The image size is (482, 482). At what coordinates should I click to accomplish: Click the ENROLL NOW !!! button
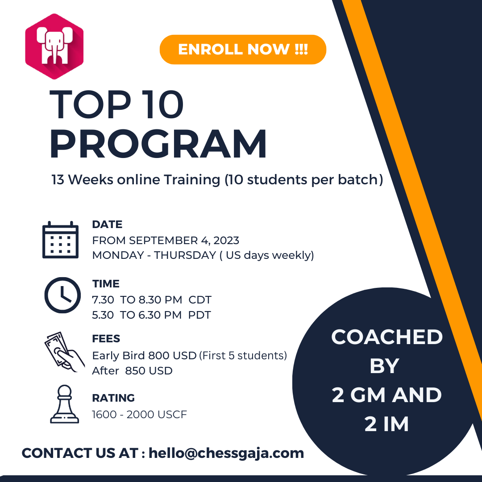(x=243, y=50)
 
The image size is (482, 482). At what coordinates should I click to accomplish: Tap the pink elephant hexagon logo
(x=54, y=46)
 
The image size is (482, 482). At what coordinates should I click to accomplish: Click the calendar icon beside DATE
(x=60, y=240)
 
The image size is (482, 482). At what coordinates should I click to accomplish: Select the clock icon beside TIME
(x=63, y=295)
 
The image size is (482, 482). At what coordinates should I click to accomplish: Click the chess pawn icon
(x=65, y=404)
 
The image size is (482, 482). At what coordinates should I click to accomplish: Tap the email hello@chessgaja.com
(x=226, y=453)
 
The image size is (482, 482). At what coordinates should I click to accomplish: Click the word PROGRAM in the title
(x=158, y=144)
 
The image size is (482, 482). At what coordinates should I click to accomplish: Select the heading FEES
(x=106, y=338)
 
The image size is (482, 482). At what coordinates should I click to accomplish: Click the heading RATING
(x=113, y=398)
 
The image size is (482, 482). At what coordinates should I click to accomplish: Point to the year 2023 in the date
(x=226, y=241)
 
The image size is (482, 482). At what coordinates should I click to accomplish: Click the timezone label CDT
(x=200, y=300)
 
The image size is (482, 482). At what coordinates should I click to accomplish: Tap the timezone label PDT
(x=199, y=315)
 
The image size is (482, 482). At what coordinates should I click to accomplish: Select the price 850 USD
(x=149, y=371)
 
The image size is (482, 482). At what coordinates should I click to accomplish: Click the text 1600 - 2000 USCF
(x=140, y=414)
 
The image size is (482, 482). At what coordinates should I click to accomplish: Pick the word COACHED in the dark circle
(x=387, y=337)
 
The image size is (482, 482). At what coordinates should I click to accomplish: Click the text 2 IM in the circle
(x=386, y=424)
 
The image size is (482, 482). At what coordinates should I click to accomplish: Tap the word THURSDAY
(x=185, y=255)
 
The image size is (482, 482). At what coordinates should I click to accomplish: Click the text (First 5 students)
(x=243, y=355)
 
